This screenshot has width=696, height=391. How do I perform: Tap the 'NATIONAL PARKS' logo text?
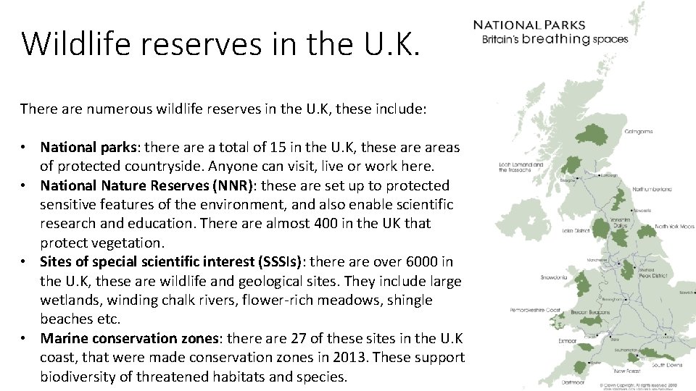point(529,25)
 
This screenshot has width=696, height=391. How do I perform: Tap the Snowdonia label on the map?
point(555,277)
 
